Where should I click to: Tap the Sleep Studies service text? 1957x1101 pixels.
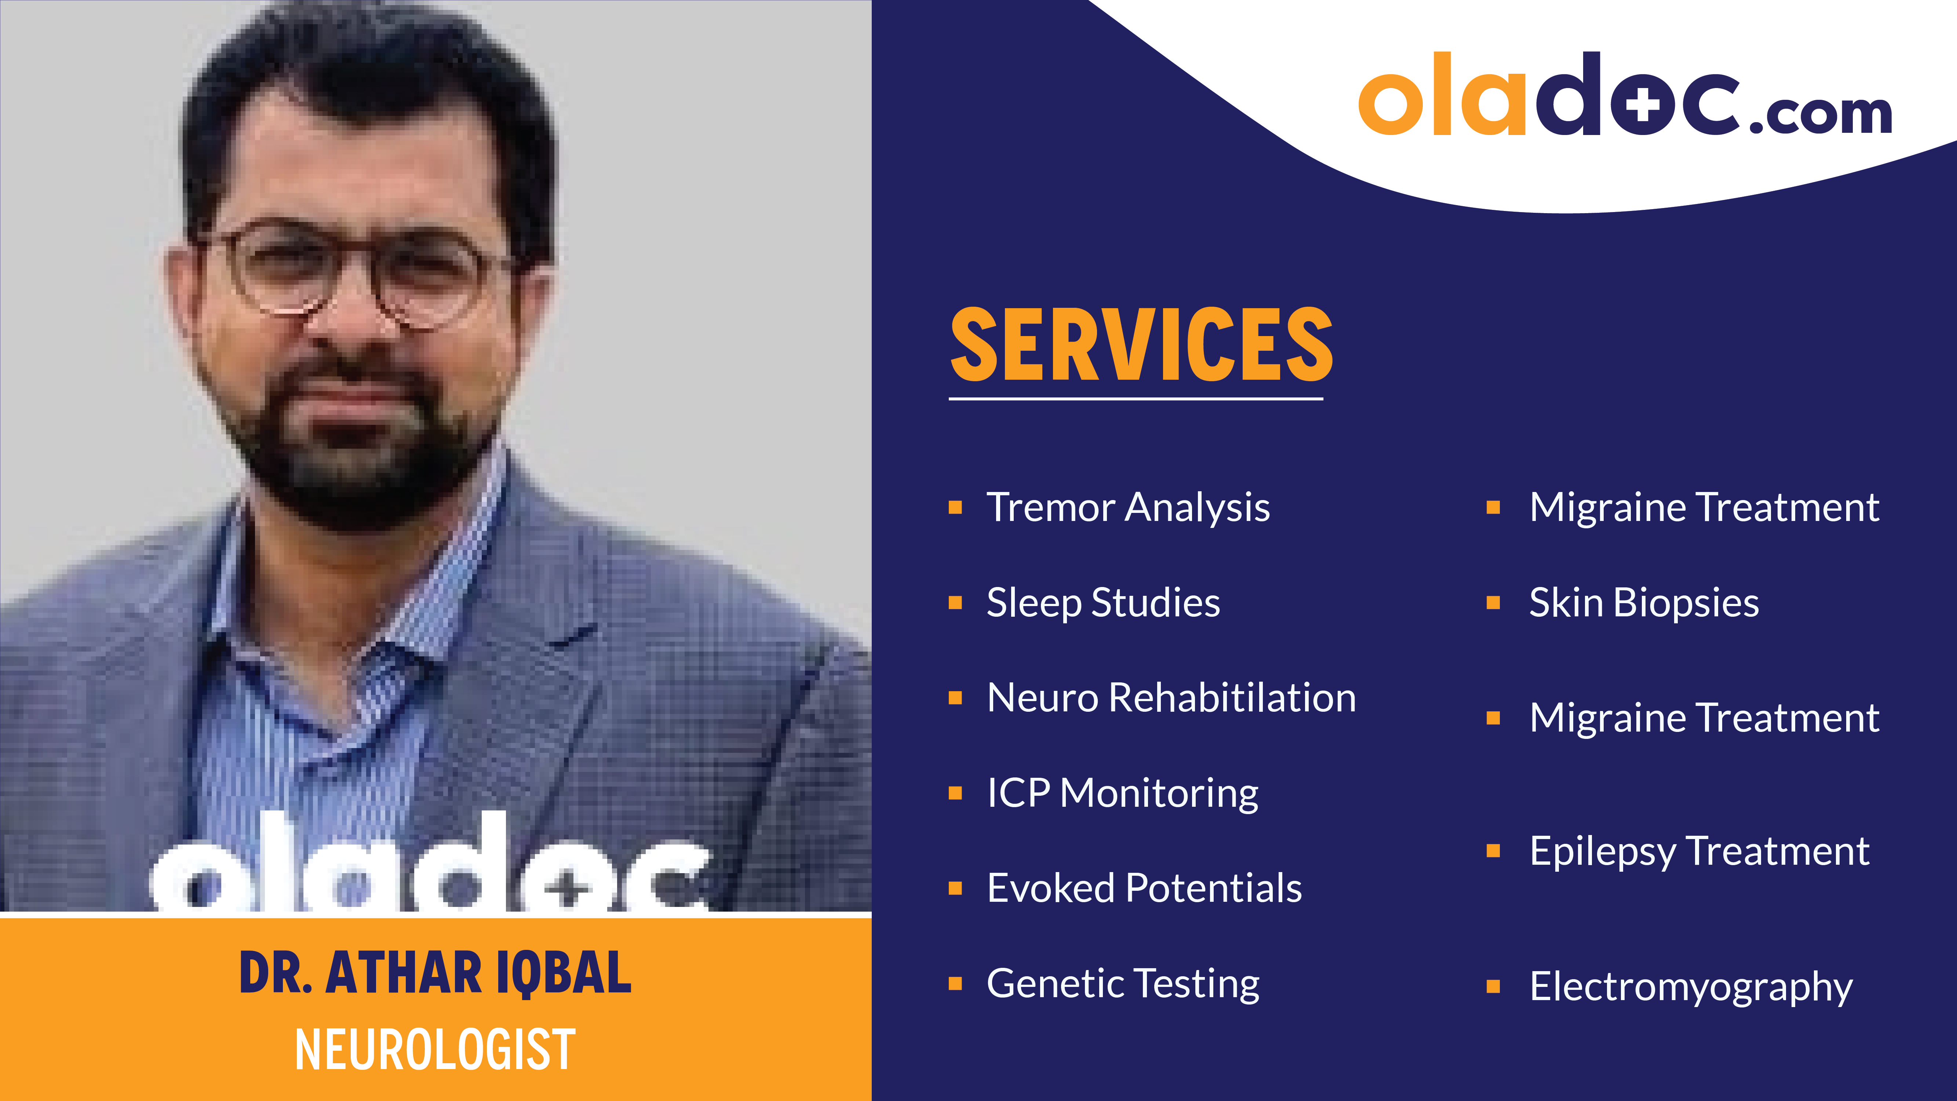(1103, 602)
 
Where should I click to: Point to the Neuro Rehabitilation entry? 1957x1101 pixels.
(1171, 697)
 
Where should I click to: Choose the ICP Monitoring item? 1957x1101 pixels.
(1122, 793)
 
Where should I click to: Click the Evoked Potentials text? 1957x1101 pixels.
(1144, 888)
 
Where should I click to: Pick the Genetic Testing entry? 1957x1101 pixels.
(1123, 984)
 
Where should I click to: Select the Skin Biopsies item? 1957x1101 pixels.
(1644, 602)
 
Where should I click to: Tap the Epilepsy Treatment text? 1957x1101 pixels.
(1699, 851)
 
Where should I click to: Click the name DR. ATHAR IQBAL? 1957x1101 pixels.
(435, 973)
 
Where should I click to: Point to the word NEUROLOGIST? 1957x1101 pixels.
(435, 1049)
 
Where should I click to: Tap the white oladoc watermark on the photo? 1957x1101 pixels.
(429, 866)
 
